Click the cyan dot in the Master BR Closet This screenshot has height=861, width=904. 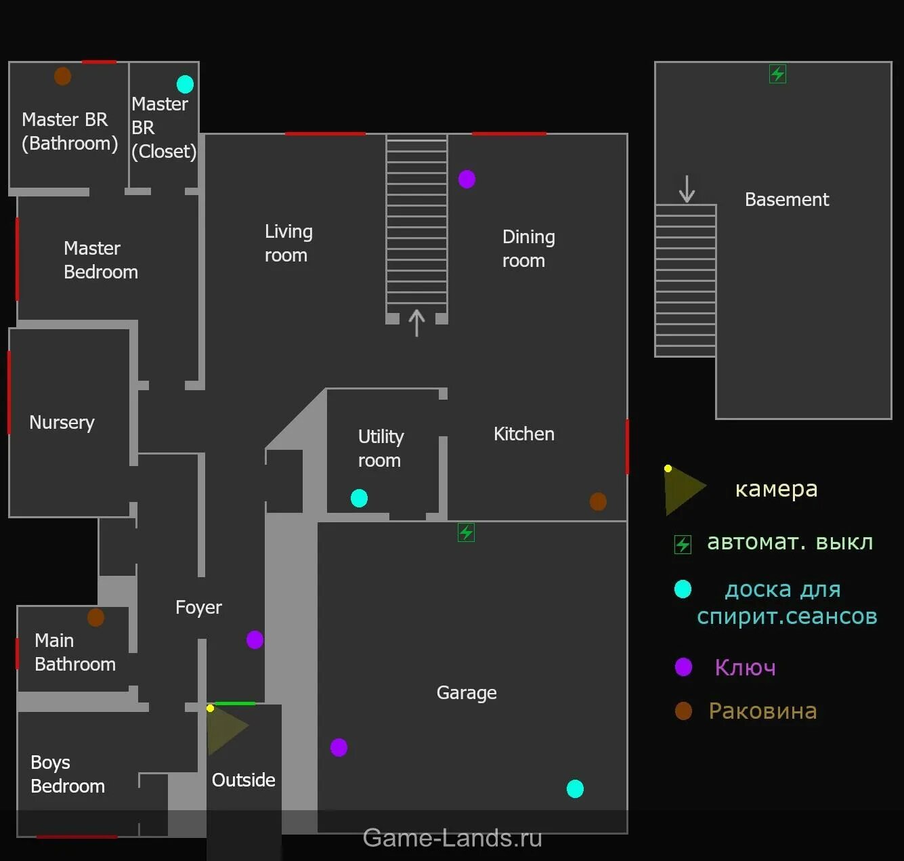pos(185,84)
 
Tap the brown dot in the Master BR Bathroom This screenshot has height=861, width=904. pos(62,77)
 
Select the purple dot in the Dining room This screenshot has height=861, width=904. pos(467,179)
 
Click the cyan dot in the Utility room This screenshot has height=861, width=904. pos(359,499)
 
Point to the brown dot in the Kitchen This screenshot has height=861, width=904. pos(598,502)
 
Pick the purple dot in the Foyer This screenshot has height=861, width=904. pos(255,639)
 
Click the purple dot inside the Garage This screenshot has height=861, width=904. pos(339,747)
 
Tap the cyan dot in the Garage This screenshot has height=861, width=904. pos(575,789)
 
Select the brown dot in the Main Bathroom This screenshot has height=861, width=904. pos(95,617)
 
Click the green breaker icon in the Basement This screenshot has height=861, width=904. pos(777,74)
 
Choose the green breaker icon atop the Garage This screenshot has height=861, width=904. pos(466,532)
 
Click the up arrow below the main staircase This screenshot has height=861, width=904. pos(416,323)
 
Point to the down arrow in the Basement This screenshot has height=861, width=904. pos(687,189)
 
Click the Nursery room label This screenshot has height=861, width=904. pos(62,423)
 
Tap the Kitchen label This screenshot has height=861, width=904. pos(523,434)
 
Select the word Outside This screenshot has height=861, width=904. pos(243,780)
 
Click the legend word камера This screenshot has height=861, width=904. pos(776,489)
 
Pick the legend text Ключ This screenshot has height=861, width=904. pos(745,668)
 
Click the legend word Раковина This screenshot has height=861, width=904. pos(762,711)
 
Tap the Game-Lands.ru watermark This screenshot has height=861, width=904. pos(452,839)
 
